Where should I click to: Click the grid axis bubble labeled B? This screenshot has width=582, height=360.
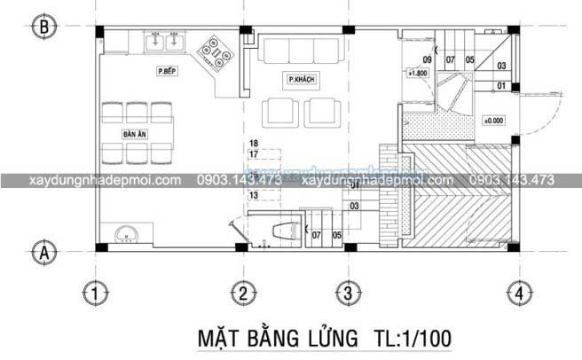point(41,27)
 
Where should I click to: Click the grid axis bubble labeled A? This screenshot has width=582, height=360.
point(41,253)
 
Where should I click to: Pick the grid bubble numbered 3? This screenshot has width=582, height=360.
point(348,292)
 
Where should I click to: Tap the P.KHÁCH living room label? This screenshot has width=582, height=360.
point(302,80)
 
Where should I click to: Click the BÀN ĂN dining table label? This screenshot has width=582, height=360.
point(135,134)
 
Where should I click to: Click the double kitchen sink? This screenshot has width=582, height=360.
point(165,42)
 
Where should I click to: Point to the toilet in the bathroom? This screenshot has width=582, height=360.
point(282,232)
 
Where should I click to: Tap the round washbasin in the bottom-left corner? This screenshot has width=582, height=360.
point(126,234)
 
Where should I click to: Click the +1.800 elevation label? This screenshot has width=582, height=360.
point(417,74)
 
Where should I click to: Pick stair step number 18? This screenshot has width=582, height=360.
point(254,143)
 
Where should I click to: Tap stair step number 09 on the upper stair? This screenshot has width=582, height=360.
point(427,59)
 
